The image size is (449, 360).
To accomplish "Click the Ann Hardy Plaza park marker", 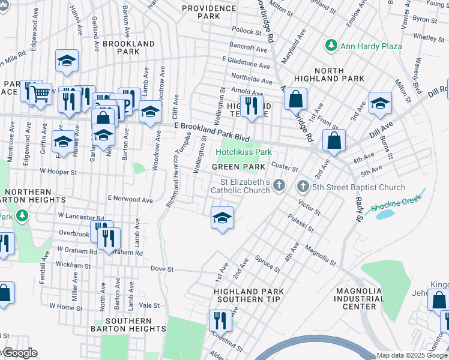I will [330, 45].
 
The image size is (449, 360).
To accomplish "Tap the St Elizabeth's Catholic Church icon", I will [279, 186].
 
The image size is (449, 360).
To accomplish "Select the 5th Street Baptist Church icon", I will [302, 187].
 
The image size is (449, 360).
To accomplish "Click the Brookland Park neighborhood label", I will [128, 48].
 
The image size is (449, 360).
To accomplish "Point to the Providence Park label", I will [209, 12].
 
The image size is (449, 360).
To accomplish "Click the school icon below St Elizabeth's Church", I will [222, 217].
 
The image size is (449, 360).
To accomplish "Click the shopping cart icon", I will [41, 93].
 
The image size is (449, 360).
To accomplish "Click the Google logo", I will [19, 353].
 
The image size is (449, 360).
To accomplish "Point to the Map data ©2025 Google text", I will [412, 355].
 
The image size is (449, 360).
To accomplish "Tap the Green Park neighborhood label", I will [238, 166].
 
